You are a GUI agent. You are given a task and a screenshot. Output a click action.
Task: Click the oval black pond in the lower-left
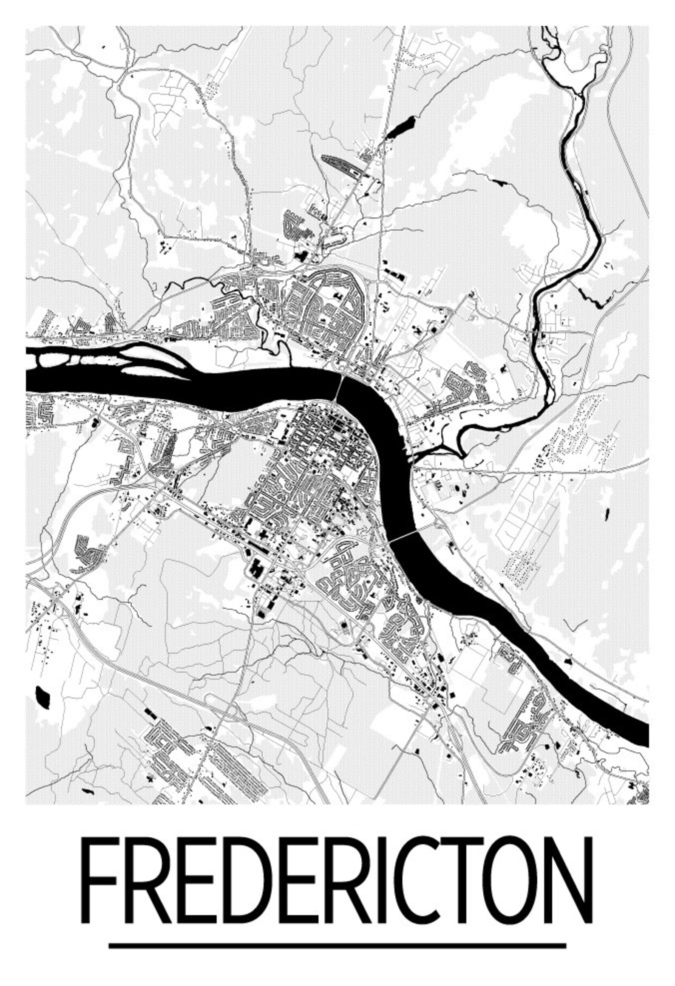click(x=43, y=695)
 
